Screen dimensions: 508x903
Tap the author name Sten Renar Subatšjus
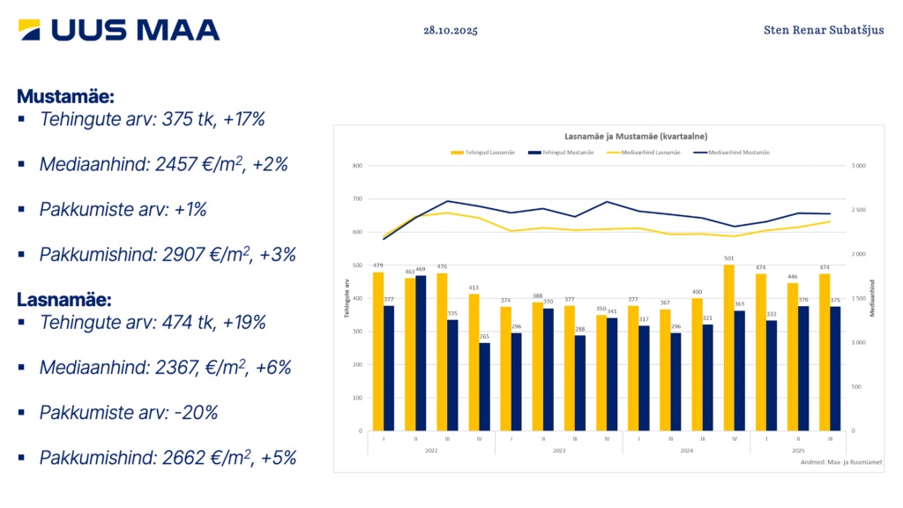[x=823, y=30]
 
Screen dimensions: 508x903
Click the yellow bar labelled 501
[x=728, y=347]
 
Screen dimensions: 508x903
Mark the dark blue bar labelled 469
[x=421, y=353]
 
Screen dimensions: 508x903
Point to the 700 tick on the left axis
[x=357, y=198]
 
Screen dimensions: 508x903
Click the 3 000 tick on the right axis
[x=858, y=166]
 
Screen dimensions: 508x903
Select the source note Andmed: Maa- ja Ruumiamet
[x=840, y=462]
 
